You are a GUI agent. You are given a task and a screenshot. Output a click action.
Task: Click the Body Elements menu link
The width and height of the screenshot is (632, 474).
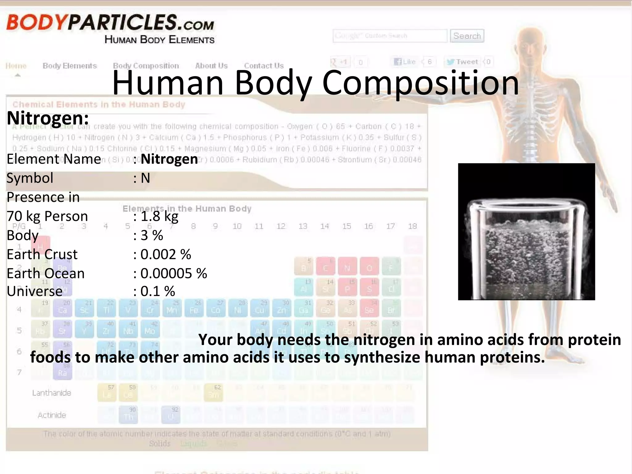click(70, 66)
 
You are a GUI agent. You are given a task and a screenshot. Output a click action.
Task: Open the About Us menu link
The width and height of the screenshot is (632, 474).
click(211, 66)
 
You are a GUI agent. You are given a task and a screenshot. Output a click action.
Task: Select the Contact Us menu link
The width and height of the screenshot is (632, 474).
click(264, 66)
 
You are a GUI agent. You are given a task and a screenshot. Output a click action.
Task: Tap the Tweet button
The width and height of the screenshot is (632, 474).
click(463, 62)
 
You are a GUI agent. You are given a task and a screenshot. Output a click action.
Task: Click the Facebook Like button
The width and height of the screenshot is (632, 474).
click(405, 62)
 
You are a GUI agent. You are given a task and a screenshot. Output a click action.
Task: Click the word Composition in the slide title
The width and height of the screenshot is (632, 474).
click(420, 83)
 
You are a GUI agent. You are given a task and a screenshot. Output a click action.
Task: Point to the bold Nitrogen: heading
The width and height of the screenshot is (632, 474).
click(48, 118)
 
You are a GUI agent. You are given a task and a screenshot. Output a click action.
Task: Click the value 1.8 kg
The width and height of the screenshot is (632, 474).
click(159, 216)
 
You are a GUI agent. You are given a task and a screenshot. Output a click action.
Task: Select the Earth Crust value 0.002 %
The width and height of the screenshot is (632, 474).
click(166, 255)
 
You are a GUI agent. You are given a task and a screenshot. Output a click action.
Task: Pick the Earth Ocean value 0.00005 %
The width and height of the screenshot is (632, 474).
click(174, 273)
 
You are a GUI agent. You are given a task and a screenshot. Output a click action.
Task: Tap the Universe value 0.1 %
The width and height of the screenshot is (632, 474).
click(158, 291)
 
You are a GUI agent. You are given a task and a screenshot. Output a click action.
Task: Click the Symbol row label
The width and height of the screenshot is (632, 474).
click(30, 178)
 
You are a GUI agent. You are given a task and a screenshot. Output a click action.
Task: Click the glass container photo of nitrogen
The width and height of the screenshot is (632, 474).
click(526, 232)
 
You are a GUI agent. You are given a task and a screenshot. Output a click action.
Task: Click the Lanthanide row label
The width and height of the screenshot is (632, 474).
click(52, 393)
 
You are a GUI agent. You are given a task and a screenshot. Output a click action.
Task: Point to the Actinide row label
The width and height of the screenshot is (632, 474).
click(52, 415)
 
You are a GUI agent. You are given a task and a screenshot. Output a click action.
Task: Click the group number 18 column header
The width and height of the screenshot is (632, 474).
click(412, 226)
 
